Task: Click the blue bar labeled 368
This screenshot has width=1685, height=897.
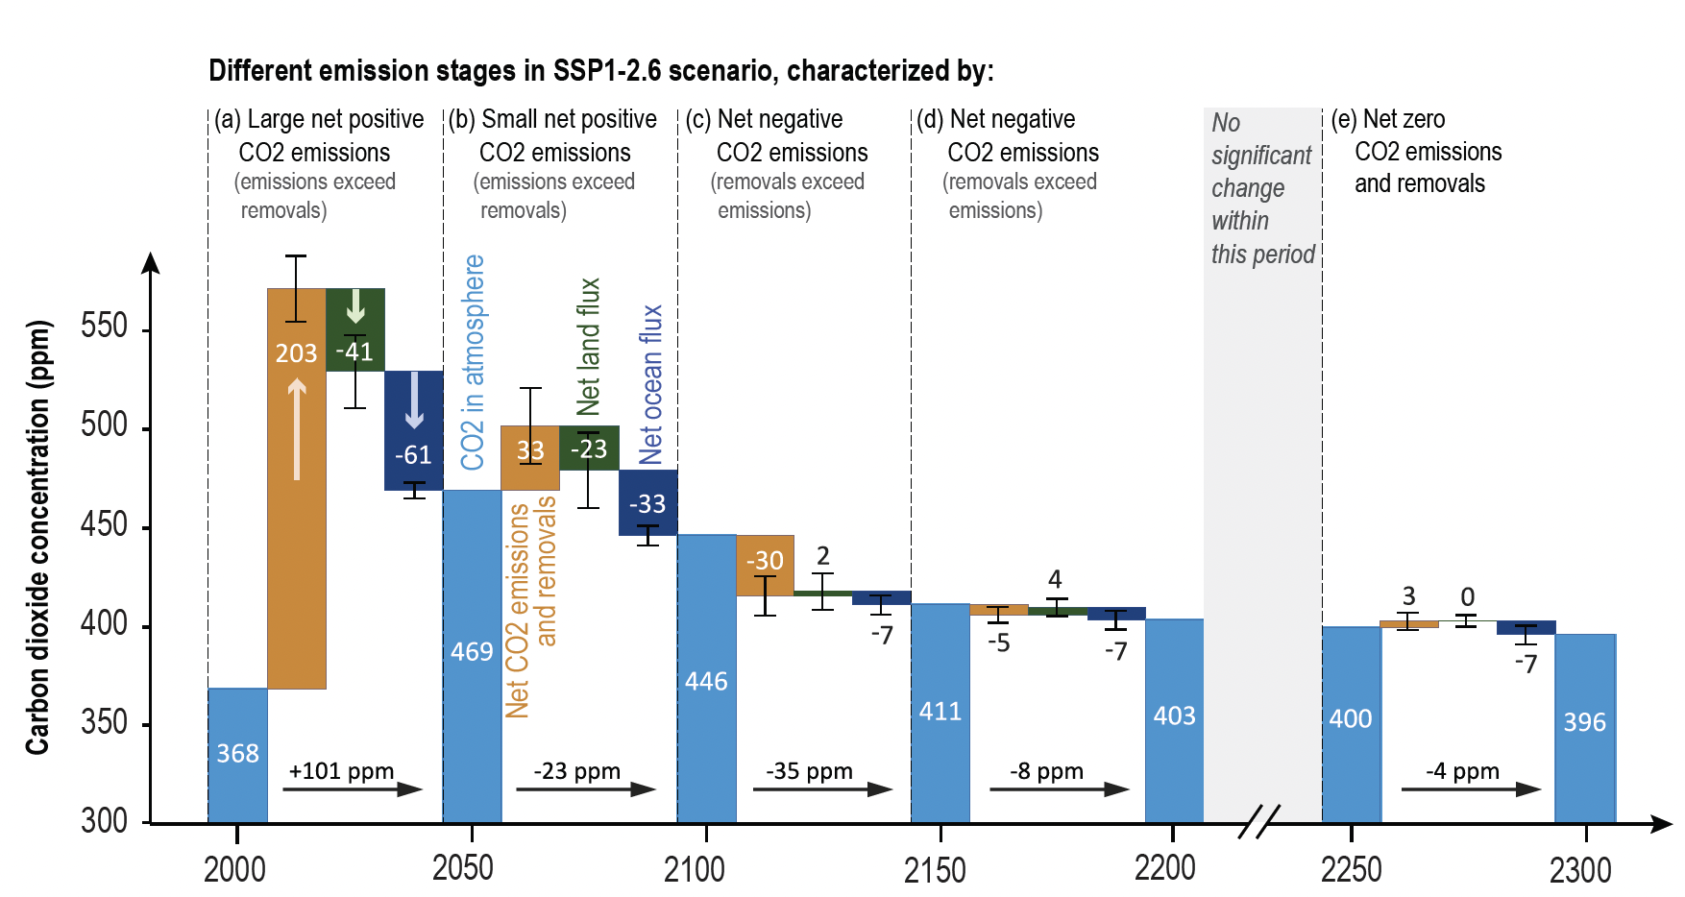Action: tap(237, 755)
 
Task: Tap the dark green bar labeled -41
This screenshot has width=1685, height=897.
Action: tap(355, 329)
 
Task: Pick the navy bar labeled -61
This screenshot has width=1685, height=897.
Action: tap(414, 431)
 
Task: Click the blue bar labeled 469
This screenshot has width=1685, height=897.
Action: tap(472, 655)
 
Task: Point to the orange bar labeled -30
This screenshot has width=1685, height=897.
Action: tap(765, 565)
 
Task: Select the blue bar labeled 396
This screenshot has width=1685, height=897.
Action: tap(1585, 727)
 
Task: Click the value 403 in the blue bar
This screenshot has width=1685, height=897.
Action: tap(1174, 715)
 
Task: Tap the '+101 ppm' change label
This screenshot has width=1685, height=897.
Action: tap(341, 771)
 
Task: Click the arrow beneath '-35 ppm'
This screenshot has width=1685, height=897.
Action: tap(822, 789)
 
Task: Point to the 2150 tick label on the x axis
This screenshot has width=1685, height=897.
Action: tap(934, 870)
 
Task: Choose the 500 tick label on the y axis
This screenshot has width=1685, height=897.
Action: tap(104, 425)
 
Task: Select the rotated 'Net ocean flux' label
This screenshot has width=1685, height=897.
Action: tap(651, 384)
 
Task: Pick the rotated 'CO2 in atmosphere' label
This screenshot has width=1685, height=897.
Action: tap(473, 362)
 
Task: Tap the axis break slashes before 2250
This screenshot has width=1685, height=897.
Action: tap(1258, 822)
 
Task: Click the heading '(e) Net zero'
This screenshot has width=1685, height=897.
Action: tap(1387, 119)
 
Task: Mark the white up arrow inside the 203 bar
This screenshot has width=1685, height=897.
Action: tap(297, 428)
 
